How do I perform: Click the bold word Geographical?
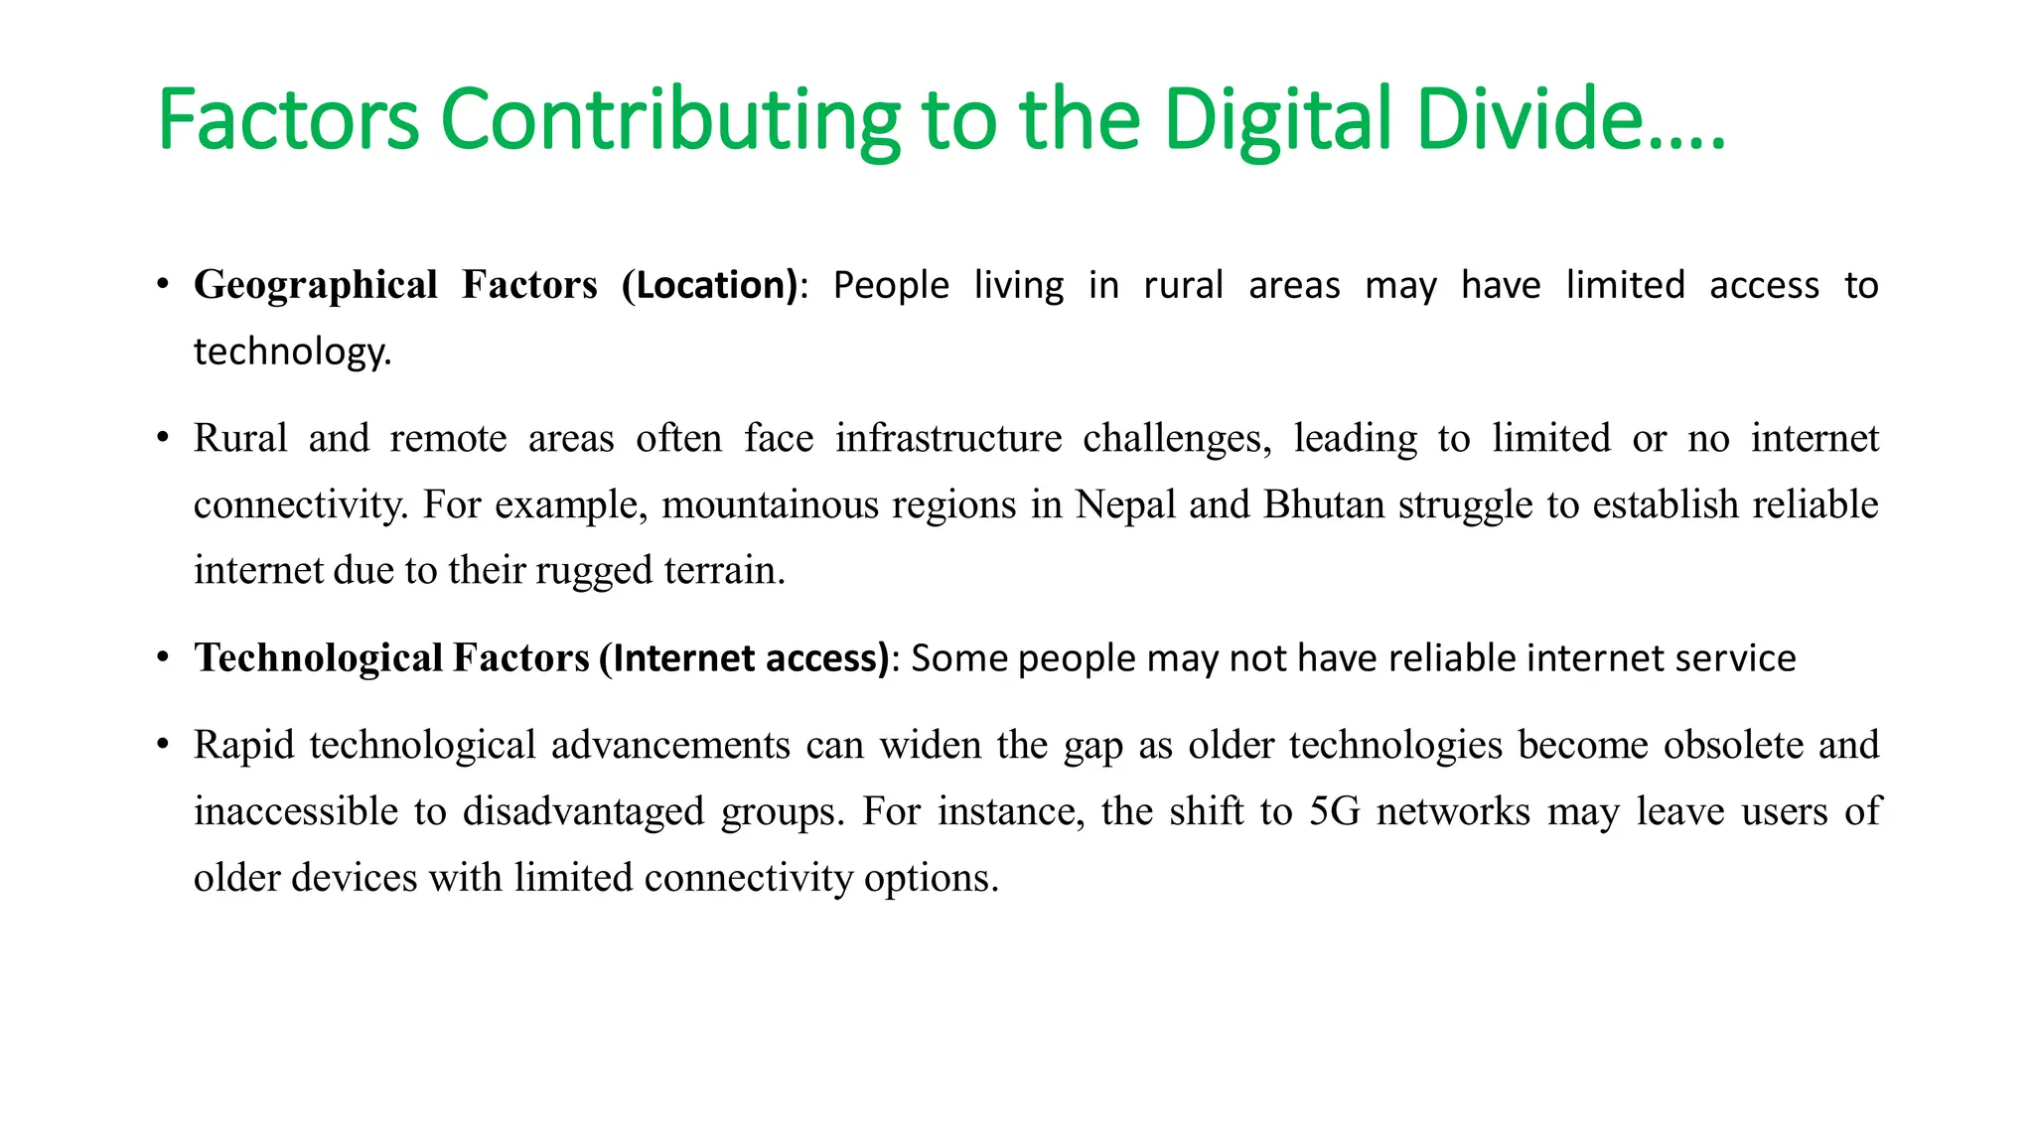pyautogui.click(x=316, y=285)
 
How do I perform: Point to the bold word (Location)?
pyautogui.click(x=709, y=285)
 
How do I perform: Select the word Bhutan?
pyautogui.click(x=1324, y=504)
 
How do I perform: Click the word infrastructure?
pyautogui.click(x=948, y=438)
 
